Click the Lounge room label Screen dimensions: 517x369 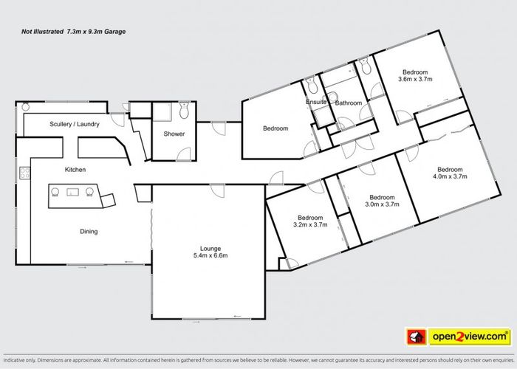pos(210,249)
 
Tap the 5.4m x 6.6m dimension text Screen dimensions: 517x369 pos(210,255)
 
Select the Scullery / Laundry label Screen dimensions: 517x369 pos(75,124)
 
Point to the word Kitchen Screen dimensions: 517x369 pos(75,170)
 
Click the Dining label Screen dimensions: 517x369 pos(89,232)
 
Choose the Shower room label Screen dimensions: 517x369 pos(174,134)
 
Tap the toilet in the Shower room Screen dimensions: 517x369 pos(184,110)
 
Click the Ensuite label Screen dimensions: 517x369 pos(316,102)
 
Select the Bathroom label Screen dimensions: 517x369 pos(349,103)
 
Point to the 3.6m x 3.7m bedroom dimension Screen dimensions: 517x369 pos(415,79)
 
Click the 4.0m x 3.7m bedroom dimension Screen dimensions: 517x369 pos(450,176)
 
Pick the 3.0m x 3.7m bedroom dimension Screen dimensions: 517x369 pos(382,204)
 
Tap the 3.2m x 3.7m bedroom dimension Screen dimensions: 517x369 pos(310,224)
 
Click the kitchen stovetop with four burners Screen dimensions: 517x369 pos(24,173)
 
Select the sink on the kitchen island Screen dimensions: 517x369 pos(73,192)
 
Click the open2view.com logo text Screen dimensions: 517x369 pos(470,337)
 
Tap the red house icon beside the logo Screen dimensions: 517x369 pos(417,337)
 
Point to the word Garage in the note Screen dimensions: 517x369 pos(115,32)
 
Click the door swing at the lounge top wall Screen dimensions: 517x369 pos(218,190)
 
